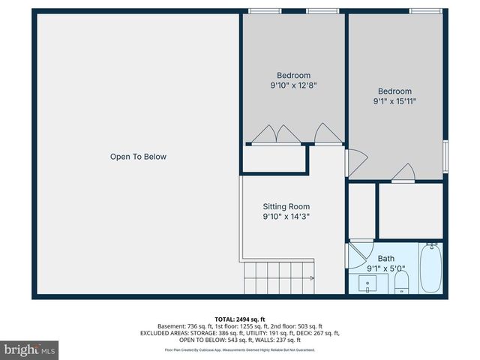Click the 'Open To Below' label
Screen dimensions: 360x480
point(138,157)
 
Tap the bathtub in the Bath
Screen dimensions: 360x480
point(430,269)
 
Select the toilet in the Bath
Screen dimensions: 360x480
point(401,281)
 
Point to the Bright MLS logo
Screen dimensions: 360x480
point(29,349)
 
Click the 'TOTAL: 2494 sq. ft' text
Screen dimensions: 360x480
point(239,319)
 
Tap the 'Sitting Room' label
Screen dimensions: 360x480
point(286,206)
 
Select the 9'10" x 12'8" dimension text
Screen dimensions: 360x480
point(293,85)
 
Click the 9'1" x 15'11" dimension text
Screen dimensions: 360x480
point(394,100)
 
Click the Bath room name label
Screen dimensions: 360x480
point(385,259)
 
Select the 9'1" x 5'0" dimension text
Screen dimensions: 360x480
point(385,268)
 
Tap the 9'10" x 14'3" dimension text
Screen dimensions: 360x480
point(286,217)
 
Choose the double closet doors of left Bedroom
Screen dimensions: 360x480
point(275,134)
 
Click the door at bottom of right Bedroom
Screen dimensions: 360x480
point(403,174)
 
